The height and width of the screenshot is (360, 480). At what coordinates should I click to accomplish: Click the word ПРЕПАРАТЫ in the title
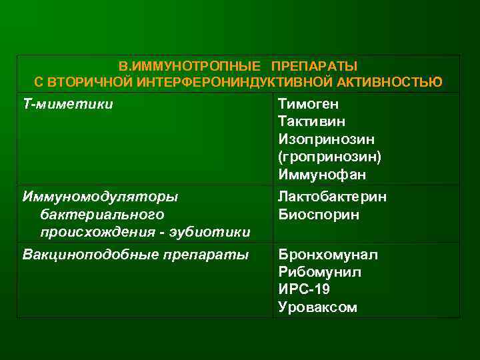[x=314, y=67]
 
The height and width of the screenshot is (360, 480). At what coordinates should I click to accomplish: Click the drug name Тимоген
[x=308, y=105]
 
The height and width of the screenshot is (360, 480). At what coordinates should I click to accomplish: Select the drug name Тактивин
[x=311, y=122]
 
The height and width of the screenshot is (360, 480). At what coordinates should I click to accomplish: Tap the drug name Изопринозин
[x=326, y=139]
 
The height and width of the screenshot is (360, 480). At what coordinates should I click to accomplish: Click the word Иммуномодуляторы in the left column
[x=100, y=197]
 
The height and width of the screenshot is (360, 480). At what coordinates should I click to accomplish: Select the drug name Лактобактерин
[x=332, y=197]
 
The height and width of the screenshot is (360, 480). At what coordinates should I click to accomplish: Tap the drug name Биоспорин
[x=319, y=215]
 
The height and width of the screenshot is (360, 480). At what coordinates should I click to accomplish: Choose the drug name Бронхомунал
[x=327, y=255]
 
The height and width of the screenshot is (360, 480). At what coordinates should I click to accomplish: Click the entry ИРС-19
[x=303, y=289]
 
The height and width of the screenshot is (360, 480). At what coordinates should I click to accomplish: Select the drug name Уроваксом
[x=317, y=307]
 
